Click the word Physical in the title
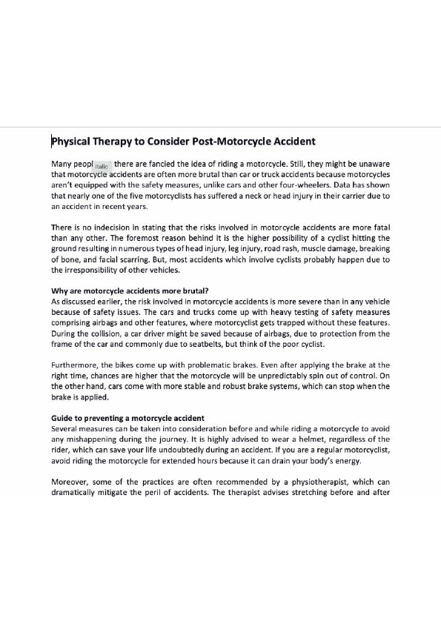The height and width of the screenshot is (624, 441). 73,141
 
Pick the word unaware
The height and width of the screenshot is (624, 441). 372,163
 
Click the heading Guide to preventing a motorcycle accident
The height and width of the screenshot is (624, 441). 127,418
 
